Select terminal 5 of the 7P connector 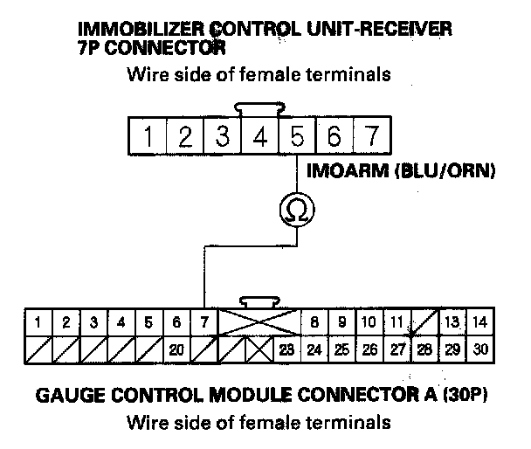(x=298, y=137)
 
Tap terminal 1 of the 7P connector (x=149, y=137)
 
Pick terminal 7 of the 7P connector (x=372, y=137)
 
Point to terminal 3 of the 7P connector (x=224, y=137)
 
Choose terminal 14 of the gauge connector (x=478, y=322)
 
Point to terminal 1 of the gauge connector (x=38, y=322)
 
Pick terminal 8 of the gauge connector (x=314, y=322)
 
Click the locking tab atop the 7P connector (x=260, y=110)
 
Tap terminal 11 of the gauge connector (x=397, y=322)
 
